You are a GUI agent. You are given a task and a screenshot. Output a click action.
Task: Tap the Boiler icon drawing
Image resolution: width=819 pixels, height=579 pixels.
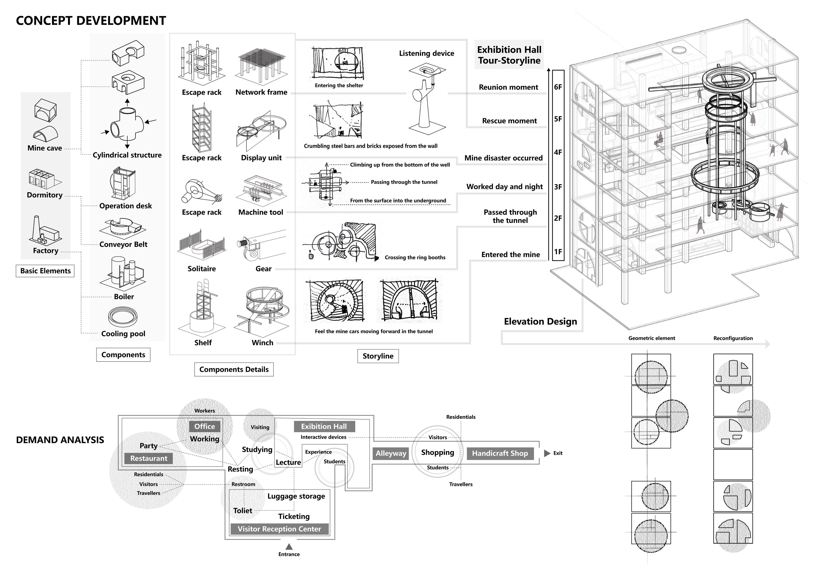pos(123,273)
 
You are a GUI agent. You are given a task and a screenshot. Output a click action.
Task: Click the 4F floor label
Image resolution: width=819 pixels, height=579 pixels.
pos(558,152)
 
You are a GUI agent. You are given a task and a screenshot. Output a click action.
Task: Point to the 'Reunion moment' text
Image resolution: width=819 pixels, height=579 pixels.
pos(508,87)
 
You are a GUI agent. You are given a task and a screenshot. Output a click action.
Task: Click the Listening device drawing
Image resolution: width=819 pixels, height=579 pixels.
pos(427,98)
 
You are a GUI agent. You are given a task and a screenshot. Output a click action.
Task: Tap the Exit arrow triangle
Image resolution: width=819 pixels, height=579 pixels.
pos(547,453)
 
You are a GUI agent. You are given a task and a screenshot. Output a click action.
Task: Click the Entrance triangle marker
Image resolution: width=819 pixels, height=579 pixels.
pos(289,547)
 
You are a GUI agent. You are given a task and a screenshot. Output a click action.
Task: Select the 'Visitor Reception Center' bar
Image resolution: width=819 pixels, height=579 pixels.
pos(279,529)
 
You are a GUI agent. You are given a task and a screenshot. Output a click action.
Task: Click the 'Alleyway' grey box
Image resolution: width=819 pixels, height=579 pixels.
pos(391,453)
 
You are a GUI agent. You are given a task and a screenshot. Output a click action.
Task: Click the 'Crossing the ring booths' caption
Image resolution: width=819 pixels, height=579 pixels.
pos(415,258)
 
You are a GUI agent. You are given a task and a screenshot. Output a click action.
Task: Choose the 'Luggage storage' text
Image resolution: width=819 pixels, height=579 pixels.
pos(296,496)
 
